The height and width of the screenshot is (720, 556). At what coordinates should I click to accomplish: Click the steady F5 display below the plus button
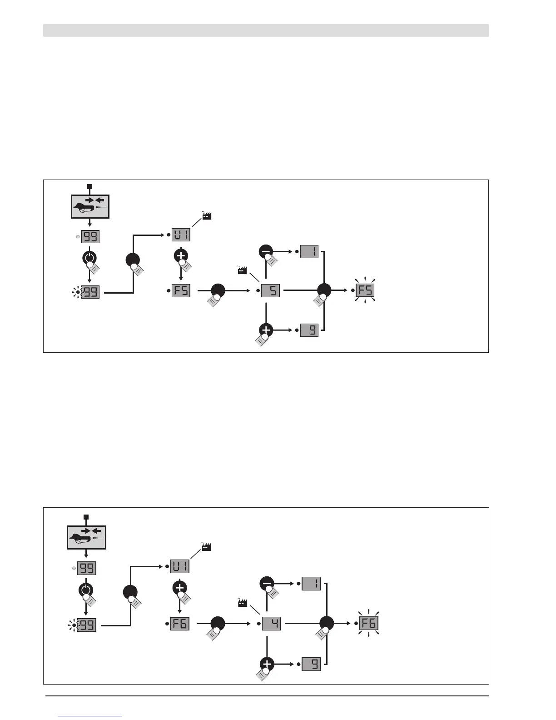click(181, 290)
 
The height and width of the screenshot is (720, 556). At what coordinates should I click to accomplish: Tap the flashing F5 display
click(365, 290)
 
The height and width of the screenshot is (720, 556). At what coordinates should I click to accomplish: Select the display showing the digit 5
click(270, 290)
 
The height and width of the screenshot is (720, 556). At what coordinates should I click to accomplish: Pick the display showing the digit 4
click(271, 623)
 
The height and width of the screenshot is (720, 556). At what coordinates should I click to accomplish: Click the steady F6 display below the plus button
click(180, 623)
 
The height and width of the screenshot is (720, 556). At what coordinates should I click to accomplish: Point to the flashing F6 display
click(368, 623)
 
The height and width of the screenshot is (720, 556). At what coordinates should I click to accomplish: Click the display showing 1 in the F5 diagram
click(309, 251)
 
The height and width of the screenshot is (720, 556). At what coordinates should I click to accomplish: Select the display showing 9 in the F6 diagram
click(311, 664)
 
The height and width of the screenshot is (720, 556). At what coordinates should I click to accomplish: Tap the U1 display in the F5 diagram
click(181, 235)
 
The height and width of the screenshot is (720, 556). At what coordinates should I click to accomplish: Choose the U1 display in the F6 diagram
click(180, 566)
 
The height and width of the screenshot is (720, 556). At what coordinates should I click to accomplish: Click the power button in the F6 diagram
click(85, 590)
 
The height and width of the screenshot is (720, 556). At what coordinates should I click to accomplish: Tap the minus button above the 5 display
click(266, 251)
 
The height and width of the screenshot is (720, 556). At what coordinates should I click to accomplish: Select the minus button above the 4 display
click(267, 583)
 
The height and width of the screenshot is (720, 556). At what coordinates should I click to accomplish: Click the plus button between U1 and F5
click(181, 255)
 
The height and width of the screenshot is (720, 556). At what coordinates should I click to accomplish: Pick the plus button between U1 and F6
click(180, 587)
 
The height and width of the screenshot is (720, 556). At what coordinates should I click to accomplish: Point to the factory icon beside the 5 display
click(242, 271)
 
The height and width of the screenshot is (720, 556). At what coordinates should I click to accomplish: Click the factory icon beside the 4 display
click(243, 603)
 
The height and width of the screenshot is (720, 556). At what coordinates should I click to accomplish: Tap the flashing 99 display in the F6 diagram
click(87, 625)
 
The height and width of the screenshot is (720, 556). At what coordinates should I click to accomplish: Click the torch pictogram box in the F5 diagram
click(90, 207)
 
